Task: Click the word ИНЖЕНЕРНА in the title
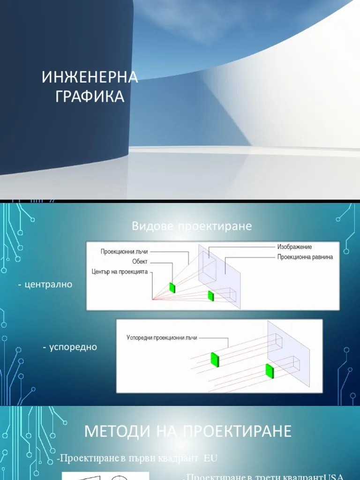point(90,77)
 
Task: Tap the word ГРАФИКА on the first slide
point(90,96)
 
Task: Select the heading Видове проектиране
point(192,226)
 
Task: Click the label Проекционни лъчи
point(124,252)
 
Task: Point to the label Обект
point(140,262)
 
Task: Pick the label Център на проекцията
point(120,271)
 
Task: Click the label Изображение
point(294,247)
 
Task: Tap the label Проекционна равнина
point(305,257)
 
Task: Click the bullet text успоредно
point(71,347)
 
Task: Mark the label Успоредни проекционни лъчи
point(162,337)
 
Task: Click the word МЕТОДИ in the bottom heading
point(111,431)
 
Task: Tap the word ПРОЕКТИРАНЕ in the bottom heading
point(237,431)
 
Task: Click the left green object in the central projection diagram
point(172,287)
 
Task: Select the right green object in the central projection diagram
point(211,295)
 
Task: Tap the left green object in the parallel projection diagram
point(215,359)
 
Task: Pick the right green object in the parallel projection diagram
point(270,370)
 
